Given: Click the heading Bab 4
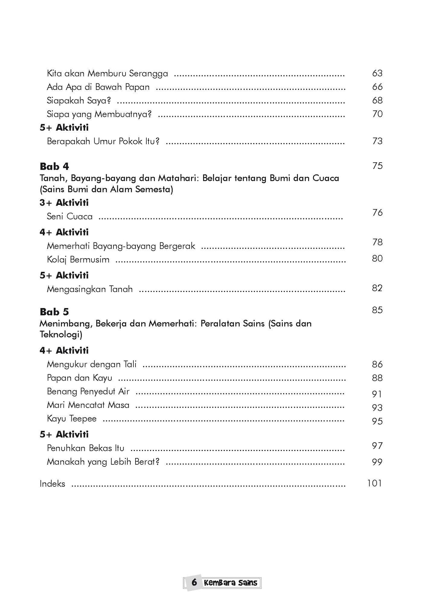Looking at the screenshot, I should tap(54, 166).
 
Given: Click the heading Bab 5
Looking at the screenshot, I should tap(54, 312).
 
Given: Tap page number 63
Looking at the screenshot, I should tap(377, 73).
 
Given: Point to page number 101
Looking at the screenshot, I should tap(374, 483).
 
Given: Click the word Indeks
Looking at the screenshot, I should tap(52, 484).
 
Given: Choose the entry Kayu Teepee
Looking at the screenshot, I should tap(72, 419).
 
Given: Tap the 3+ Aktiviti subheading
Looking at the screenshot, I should tap(64, 203).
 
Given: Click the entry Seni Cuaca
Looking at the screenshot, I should tap(70, 216).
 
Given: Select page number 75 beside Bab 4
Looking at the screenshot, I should tap(377, 166).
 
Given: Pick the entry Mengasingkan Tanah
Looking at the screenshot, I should tap(90, 289).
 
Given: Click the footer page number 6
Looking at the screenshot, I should tap(194, 582).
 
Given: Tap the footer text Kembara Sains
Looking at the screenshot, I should tap(230, 583).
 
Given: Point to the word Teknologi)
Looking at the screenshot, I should tap(61, 335).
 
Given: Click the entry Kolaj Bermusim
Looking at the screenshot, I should tap(78, 260).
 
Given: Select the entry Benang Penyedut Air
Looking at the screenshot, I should tap(88, 392).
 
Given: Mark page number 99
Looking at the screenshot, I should tap(377, 462).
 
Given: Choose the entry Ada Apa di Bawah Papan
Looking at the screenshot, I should tap(98, 87).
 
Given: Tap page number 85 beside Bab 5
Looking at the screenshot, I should tap(377, 310).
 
